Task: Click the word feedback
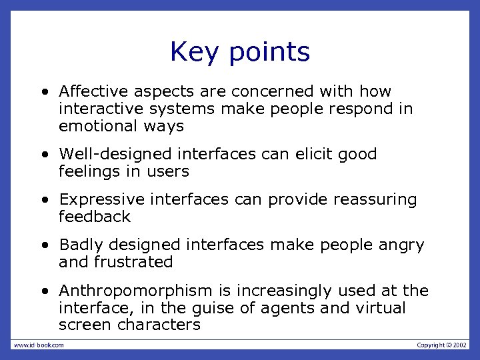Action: [x=95, y=217]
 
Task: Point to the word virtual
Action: [x=381, y=308]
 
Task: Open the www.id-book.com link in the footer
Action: [x=38, y=345]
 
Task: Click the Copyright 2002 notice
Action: [x=442, y=345]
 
